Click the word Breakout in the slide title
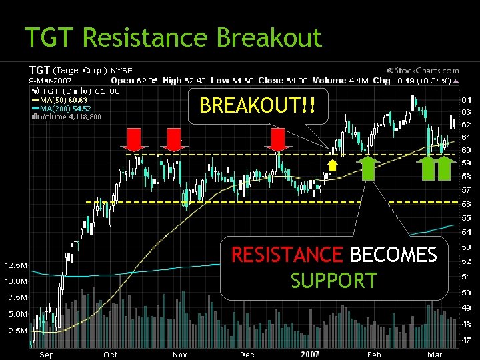[x=269, y=38]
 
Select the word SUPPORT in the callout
[x=333, y=281]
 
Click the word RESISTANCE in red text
[x=287, y=255]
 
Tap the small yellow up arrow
[x=333, y=164]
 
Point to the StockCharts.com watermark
[x=423, y=70]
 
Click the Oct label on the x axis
[x=111, y=355]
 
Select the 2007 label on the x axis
[x=310, y=355]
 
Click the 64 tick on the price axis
[x=467, y=99]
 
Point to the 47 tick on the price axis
[x=467, y=339]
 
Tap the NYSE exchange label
[x=121, y=69]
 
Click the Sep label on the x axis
[x=46, y=355]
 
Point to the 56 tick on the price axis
[x=467, y=204]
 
